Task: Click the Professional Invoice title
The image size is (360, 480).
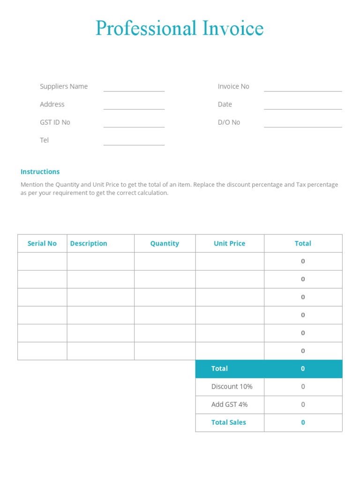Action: point(180,29)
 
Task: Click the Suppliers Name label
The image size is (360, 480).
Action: point(64,86)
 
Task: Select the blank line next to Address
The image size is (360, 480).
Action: point(134,107)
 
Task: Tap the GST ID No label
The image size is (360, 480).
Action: point(55,122)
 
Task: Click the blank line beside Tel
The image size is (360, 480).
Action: point(134,143)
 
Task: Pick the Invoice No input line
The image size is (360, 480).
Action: point(303,89)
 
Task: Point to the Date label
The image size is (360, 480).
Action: point(225,105)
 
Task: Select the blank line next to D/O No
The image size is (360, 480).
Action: point(303,125)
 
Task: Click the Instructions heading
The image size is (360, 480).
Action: point(40,172)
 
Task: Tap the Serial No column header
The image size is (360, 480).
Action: point(42,243)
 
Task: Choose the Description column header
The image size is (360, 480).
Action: point(89,243)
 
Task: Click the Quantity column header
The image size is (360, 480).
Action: point(165,243)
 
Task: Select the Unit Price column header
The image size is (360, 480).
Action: point(229,243)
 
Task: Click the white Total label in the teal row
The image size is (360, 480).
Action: point(219,368)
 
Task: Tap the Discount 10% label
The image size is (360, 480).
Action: point(232,387)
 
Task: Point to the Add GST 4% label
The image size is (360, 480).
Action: point(229,405)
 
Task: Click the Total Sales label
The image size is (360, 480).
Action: point(228,422)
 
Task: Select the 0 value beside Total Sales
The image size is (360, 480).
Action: point(303,422)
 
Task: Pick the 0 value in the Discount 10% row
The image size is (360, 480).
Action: point(303,387)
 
